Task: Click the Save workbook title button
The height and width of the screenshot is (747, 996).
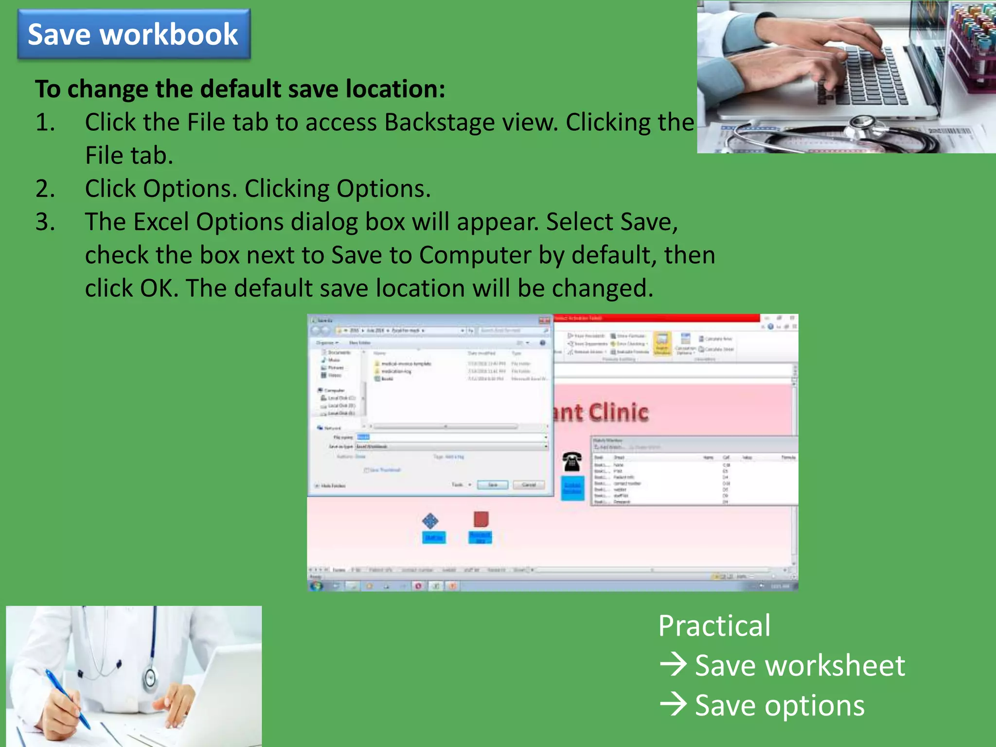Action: coord(133,35)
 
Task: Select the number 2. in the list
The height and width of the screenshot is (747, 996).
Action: coord(45,189)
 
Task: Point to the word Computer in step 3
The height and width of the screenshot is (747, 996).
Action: coord(475,255)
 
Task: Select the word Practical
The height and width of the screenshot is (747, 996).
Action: coord(714,626)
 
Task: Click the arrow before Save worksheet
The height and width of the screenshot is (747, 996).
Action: coord(673,665)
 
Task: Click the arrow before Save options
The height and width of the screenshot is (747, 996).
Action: coord(673,705)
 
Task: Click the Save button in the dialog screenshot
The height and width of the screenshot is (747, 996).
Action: coord(492,485)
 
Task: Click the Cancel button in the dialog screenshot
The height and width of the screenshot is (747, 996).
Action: coord(529,485)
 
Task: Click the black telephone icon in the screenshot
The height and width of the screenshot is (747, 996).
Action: coord(572,461)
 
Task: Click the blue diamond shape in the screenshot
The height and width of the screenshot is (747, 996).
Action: coord(430,521)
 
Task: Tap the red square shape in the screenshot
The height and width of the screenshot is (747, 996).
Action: coord(481,519)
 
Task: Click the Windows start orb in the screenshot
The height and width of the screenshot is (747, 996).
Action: coord(317,586)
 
